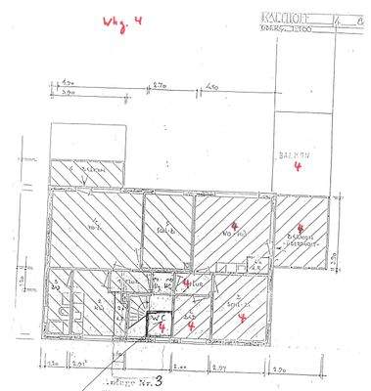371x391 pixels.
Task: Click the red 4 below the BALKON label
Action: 297,167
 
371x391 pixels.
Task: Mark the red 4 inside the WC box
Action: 159,328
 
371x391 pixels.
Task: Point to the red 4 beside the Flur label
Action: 187,282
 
